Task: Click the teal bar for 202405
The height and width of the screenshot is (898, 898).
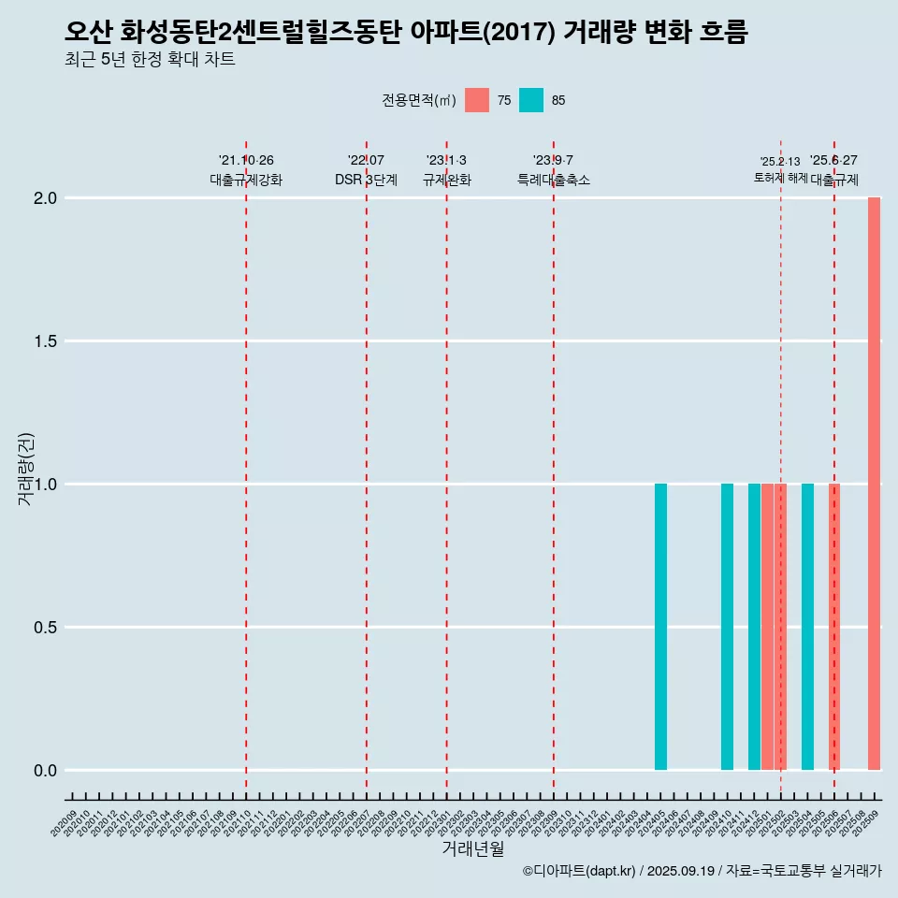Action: (x=660, y=627)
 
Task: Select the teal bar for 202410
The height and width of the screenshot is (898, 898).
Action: (x=727, y=627)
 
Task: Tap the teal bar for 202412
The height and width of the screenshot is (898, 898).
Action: (x=754, y=627)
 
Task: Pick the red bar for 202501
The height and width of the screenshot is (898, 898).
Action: (x=767, y=627)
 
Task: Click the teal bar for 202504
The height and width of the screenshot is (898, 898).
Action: (x=807, y=627)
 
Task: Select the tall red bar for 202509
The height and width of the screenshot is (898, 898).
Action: (x=874, y=484)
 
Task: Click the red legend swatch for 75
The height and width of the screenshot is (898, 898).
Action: (x=477, y=100)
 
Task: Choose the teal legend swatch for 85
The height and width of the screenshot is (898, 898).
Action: (x=531, y=100)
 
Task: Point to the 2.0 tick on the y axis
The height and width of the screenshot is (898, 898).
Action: (x=47, y=198)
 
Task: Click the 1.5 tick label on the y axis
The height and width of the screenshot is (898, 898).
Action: (x=47, y=341)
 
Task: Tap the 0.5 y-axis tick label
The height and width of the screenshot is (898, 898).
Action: (x=47, y=628)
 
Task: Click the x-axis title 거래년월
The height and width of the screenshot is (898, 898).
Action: (x=472, y=849)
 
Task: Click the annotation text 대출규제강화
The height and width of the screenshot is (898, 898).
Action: (x=246, y=180)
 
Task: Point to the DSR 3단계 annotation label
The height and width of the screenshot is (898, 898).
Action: (x=366, y=180)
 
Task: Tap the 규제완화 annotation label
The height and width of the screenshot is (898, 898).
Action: (x=446, y=180)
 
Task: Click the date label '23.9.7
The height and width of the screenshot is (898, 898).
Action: (x=553, y=160)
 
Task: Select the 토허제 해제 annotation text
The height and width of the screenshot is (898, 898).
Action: (x=780, y=178)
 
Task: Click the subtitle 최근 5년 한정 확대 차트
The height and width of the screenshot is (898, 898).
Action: (x=150, y=60)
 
